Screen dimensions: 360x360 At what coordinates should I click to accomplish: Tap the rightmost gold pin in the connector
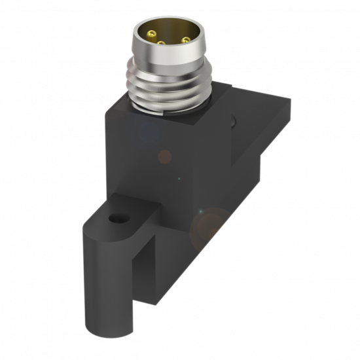185,40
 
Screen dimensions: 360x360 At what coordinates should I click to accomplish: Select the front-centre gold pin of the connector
161,43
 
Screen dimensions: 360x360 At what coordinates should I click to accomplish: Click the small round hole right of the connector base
234,120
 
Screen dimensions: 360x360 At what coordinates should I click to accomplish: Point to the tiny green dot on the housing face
180,178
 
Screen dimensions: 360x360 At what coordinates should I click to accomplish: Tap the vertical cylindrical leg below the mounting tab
108,281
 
